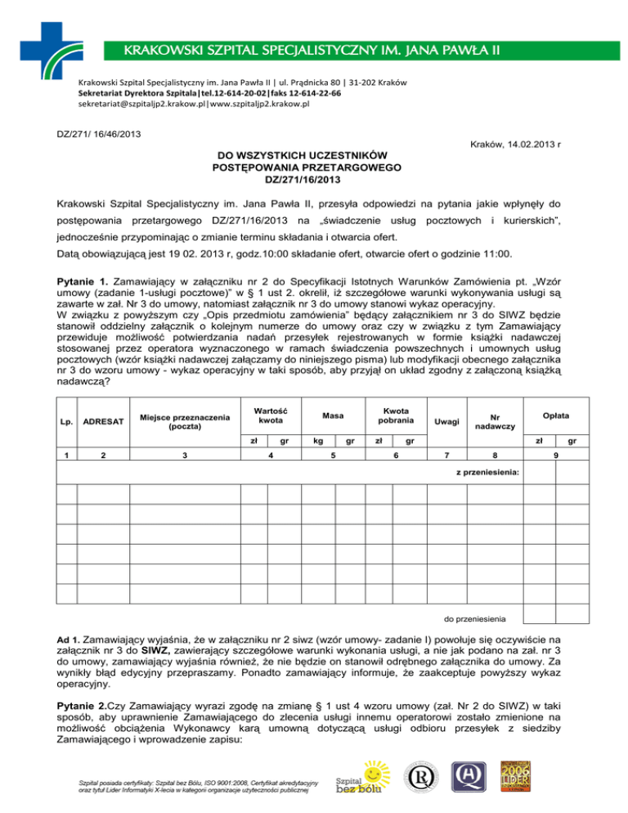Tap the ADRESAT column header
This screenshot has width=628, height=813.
(104, 421)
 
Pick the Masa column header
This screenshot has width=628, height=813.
(332, 415)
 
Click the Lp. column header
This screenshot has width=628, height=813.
(65, 421)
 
